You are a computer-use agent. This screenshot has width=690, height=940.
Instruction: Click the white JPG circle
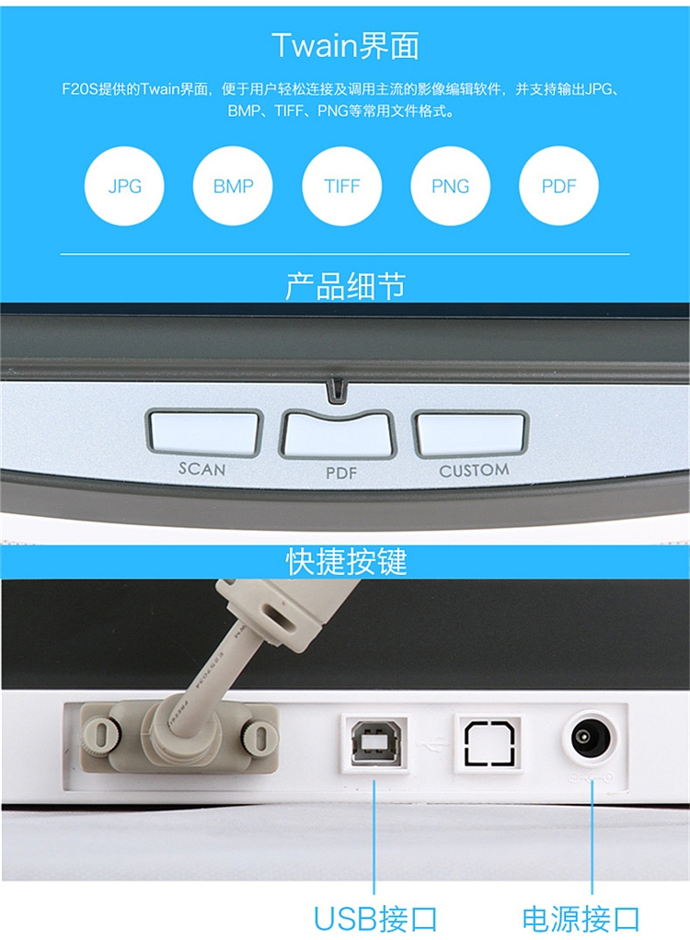(x=124, y=186)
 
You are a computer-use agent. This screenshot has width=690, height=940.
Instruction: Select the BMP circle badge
(x=233, y=186)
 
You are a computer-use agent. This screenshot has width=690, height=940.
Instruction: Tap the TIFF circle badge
(x=341, y=186)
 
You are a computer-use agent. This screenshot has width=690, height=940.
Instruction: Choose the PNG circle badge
(x=450, y=186)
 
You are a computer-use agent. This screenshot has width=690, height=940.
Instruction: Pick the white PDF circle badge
(x=558, y=186)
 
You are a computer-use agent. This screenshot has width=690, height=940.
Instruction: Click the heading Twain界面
(x=345, y=46)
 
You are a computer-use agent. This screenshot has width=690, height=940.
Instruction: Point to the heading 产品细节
(x=345, y=286)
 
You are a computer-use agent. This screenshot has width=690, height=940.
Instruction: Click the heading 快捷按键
(x=346, y=562)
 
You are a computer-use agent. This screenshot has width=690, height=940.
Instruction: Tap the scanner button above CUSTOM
(x=470, y=433)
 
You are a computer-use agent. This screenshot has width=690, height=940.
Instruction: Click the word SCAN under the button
(x=202, y=469)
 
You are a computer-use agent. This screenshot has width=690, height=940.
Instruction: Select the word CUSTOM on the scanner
(x=474, y=471)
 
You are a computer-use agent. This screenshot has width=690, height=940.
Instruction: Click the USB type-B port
(x=375, y=743)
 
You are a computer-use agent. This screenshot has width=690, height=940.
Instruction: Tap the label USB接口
(x=375, y=919)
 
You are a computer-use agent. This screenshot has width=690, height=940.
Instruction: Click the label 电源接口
(x=581, y=919)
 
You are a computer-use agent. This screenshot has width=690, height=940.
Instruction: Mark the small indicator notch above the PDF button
(x=337, y=390)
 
